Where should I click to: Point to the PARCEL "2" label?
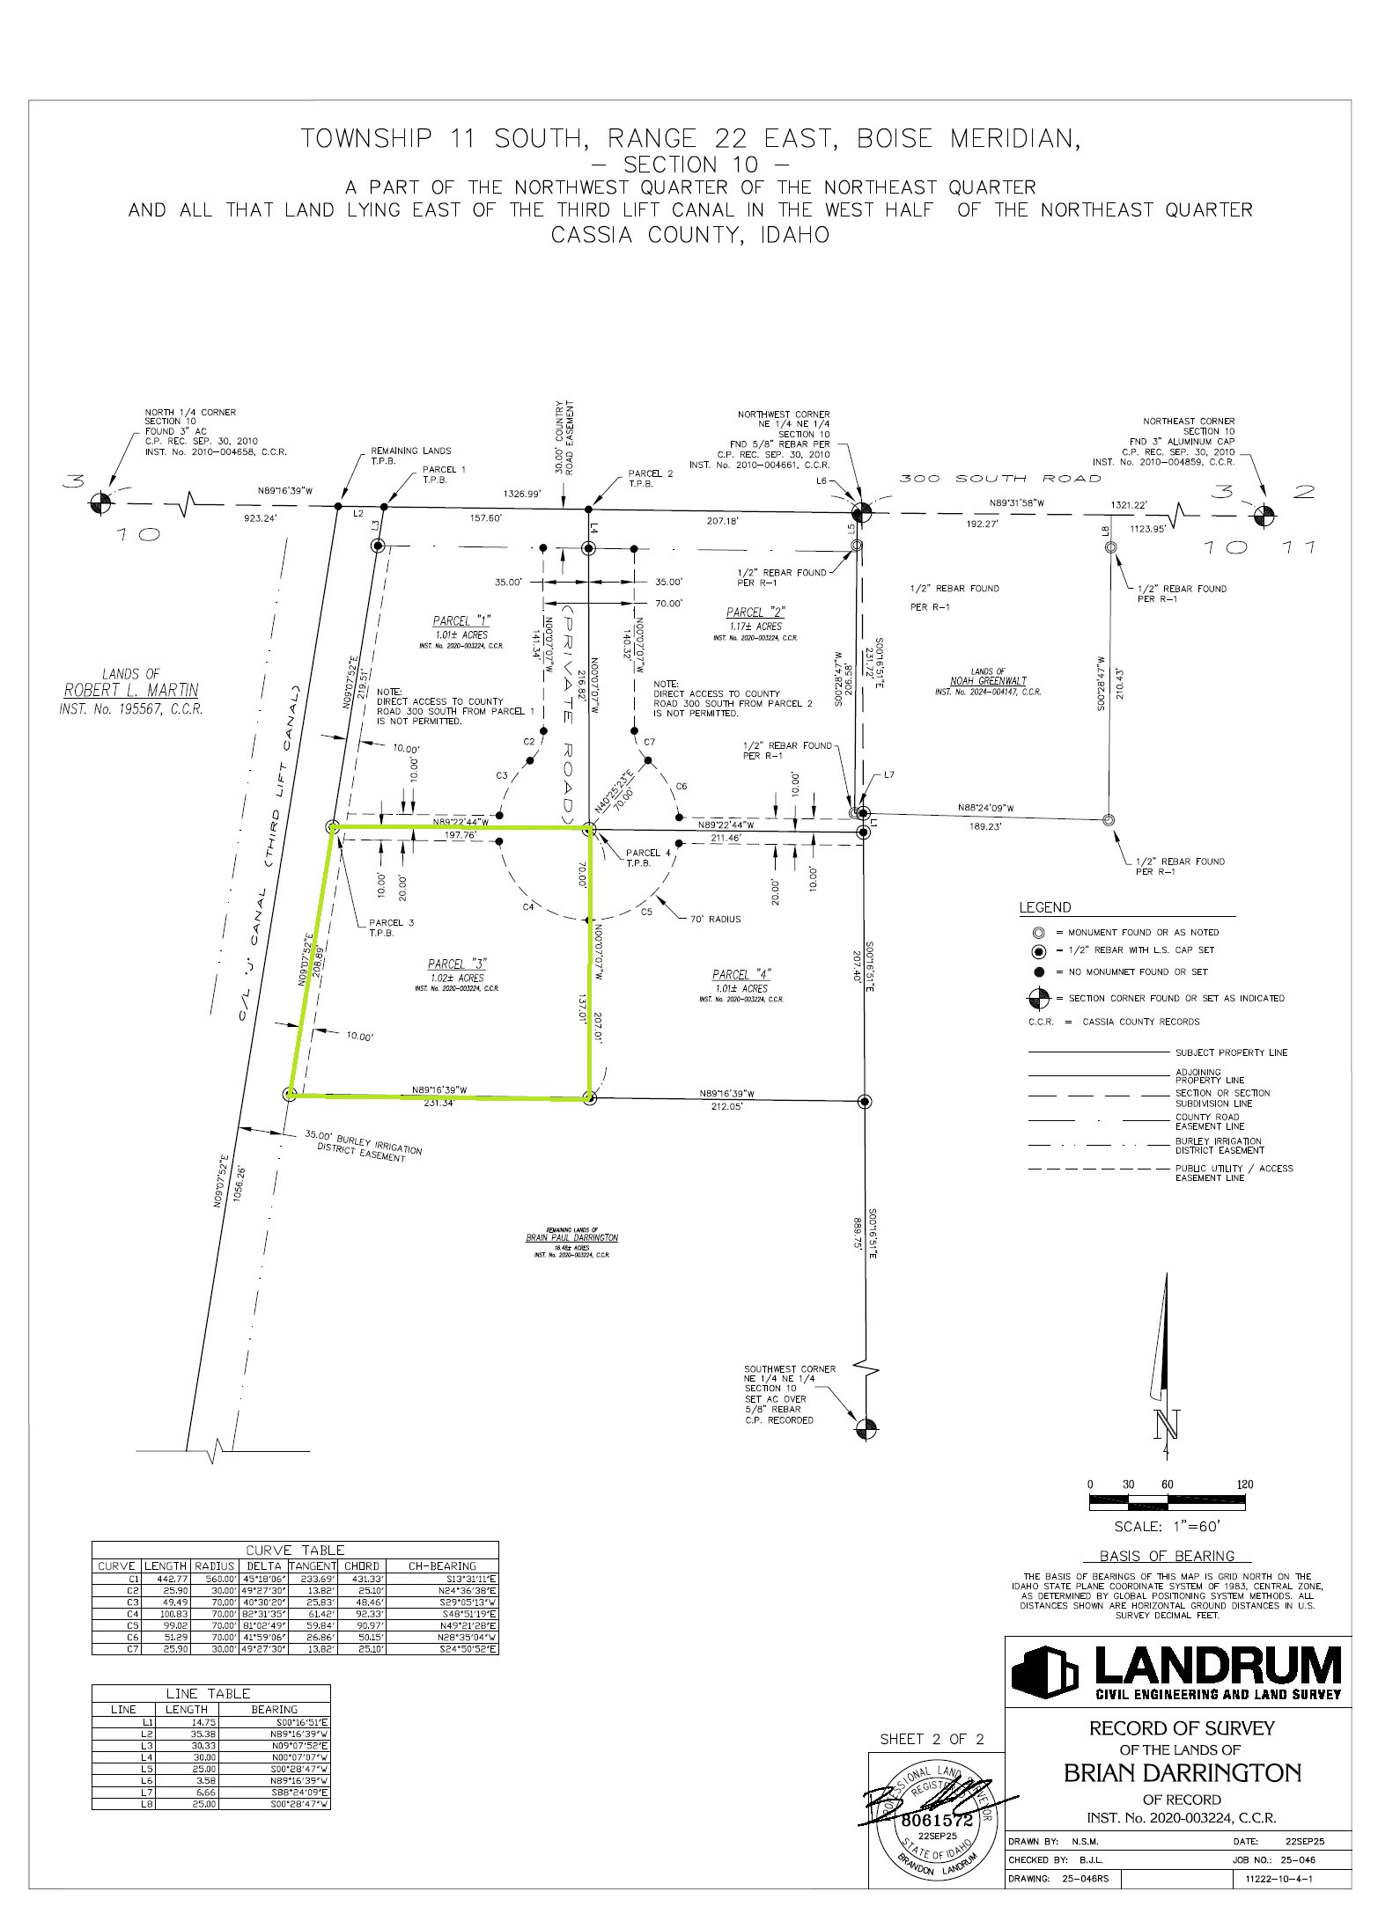755,612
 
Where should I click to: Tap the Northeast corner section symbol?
1263,514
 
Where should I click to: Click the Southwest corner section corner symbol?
866,1428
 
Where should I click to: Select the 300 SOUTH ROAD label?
1000,479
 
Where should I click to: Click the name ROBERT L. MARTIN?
131,690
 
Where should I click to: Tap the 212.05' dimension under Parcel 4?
726,1106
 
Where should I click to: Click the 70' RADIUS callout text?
715,919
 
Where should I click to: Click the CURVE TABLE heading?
295,1550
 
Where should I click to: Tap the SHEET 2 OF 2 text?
932,1740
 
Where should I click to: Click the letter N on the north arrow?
1167,1423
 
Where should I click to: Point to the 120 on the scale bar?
1244,1484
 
